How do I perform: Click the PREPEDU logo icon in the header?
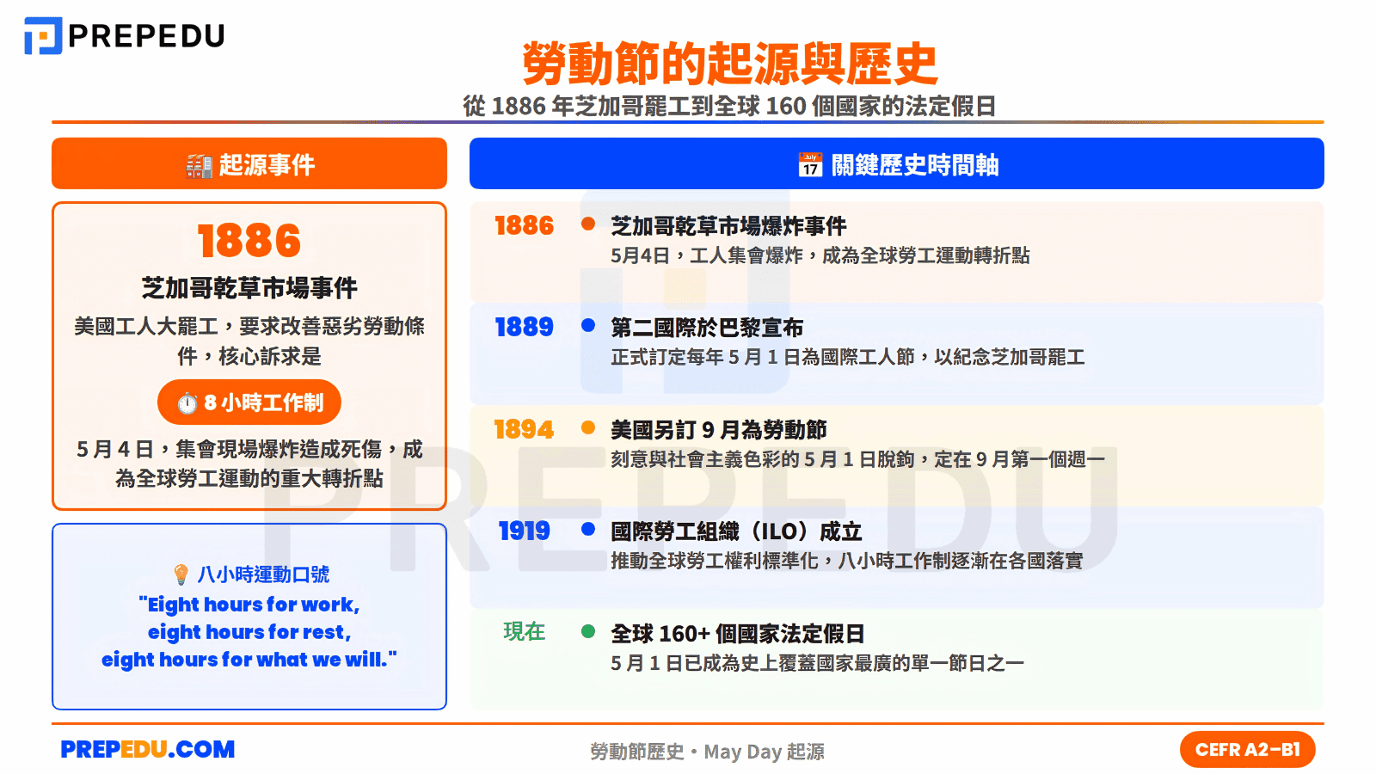click(43, 36)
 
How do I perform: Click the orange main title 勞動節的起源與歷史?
click(729, 64)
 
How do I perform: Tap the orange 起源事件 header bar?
click(249, 163)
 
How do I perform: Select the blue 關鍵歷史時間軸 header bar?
click(896, 163)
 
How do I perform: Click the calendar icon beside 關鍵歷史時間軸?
click(810, 164)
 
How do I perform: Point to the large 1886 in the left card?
click(249, 241)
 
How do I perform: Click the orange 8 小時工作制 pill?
click(249, 402)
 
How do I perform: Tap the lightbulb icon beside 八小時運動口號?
click(181, 574)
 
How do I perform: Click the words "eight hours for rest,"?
click(249, 632)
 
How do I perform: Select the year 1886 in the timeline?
click(524, 226)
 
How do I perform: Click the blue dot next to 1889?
click(588, 326)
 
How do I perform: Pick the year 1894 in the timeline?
click(524, 429)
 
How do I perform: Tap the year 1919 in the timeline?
click(524, 531)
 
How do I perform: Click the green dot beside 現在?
click(588, 631)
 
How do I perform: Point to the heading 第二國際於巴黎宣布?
click(707, 328)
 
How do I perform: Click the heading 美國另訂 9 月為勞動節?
click(719, 429)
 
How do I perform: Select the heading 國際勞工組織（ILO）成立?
click(736, 531)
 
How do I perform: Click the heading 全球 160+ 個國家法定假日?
click(738, 634)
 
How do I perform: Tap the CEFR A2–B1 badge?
click(1247, 750)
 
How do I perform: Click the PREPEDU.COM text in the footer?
click(148, 750)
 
